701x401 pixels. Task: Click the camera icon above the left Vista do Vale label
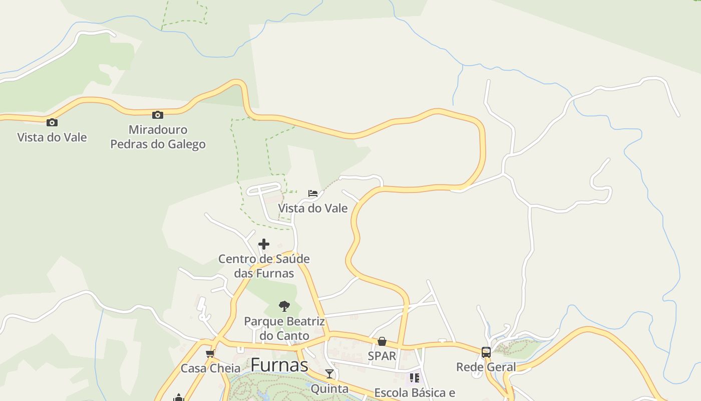point(52,122)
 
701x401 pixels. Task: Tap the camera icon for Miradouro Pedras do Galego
point(158,115)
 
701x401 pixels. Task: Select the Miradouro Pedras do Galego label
point(158,137)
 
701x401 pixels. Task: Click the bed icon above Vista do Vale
point(313,193)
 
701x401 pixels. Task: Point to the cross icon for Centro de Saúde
point(264,244)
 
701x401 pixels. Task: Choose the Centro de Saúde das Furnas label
point(264,266)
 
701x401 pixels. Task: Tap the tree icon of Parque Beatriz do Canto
point(284,306)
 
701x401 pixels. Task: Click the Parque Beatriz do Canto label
point(284,328)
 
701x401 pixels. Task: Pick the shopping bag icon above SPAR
point(382,341)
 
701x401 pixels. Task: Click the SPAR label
point(382,356)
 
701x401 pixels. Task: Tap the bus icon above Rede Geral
point(486,352)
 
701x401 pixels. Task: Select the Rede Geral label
point(486,367)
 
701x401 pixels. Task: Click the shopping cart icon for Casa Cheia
point(210,354)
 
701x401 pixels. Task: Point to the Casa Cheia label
point(210,368)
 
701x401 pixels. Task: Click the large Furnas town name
point(279,365)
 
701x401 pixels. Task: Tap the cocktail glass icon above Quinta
point(329,374)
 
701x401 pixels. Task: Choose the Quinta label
point(329,388)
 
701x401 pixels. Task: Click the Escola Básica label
point(415,392)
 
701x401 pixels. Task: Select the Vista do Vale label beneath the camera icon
point(52,137)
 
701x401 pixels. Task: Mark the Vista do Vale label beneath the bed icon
point(313,208)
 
